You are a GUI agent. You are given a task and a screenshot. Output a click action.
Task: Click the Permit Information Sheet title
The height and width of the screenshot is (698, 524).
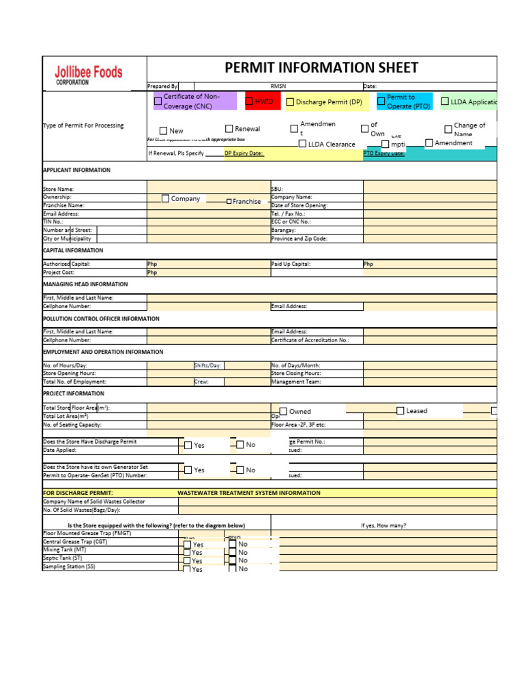click(321, 67)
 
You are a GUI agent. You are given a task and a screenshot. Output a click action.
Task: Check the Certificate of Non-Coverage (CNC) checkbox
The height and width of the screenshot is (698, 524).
click(158, 102)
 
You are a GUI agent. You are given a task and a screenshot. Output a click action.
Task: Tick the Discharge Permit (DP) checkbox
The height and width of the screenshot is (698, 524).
click(290, 102)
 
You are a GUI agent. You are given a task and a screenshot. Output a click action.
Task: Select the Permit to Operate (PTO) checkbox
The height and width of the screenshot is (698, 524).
click(381, 102)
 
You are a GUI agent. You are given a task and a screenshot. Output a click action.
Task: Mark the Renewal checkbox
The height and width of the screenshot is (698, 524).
click(229, 129)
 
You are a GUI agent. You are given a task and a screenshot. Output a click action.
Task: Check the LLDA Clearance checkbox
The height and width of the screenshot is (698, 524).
click(302, 144)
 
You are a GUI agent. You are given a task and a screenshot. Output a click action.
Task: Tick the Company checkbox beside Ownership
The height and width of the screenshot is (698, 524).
click(166, 198)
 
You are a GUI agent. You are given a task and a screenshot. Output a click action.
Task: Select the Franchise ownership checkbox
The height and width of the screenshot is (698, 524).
click(229, 202)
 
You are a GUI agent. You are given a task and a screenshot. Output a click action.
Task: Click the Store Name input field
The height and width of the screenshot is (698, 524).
click(208, 189)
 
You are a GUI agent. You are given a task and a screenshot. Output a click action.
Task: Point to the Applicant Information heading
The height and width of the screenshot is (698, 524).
click(76, 170)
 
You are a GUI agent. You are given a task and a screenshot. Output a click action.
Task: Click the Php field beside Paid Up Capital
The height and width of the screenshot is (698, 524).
click(430, 263)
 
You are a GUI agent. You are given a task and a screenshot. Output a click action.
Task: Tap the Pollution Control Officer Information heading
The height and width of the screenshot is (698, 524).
click(101, 318)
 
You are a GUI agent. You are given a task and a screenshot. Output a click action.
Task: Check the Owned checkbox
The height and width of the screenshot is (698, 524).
click(283, 412)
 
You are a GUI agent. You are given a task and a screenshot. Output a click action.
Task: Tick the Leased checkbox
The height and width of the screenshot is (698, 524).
click(401, 410)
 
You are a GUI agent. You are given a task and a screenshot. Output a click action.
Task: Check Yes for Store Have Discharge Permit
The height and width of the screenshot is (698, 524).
click(188, 445)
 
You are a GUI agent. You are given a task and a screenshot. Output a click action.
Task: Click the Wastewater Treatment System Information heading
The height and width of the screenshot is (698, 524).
click(248, 492)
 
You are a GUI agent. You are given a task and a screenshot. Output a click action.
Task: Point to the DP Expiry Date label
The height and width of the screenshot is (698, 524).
click(244, 153)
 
